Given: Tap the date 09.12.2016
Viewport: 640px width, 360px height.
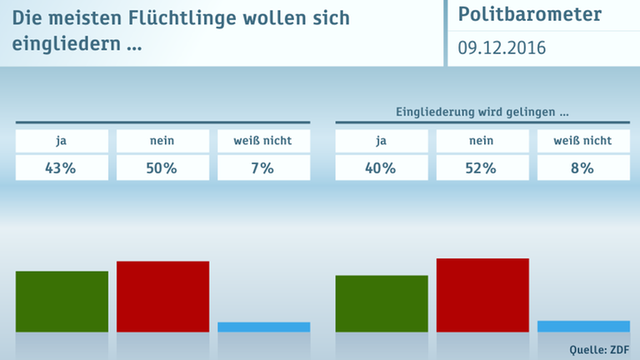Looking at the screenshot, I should point(502,48).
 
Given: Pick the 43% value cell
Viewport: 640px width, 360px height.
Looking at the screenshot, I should point(62,167).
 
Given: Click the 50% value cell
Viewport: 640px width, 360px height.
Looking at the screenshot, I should point(162,167).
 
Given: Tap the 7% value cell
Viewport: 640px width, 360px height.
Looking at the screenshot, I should point(263,167).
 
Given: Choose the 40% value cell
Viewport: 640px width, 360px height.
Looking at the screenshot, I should point(382,167).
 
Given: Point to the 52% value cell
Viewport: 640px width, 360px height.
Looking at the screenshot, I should point(482,167).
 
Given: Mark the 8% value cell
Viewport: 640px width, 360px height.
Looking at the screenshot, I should point(583,167).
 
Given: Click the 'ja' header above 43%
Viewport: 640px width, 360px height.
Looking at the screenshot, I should point(62,141).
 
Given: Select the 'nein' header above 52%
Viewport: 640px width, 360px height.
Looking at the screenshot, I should point(482,141).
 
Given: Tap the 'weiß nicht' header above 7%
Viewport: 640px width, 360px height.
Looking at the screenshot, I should point(263,141).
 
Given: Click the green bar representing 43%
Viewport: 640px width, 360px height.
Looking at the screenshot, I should point(62,302).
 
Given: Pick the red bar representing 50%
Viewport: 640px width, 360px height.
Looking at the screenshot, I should point(162,297).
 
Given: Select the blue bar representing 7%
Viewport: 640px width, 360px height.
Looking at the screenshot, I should point(263,327).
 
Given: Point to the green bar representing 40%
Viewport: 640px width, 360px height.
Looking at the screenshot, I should point(382,303).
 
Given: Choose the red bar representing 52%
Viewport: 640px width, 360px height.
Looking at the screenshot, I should point(482,295).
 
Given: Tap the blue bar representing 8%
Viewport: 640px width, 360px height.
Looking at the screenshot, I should point(583,326).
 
